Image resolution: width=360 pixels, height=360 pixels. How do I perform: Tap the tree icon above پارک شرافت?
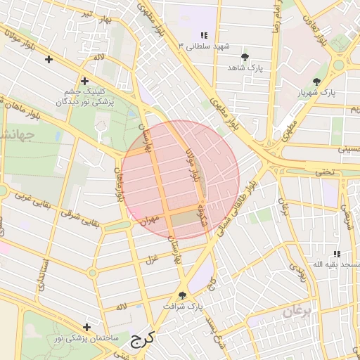(x=183, y=295)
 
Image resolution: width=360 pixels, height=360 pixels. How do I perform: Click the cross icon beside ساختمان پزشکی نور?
(x=86, y=327)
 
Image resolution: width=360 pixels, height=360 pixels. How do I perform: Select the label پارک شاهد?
(x=244, y=68)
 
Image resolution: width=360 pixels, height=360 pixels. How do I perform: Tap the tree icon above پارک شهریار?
(x=325, y=80)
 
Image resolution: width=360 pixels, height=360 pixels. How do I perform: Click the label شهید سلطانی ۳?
(x=205, y=46)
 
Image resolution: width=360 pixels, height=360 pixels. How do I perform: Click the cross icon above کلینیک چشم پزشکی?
(x=85, y=81)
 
